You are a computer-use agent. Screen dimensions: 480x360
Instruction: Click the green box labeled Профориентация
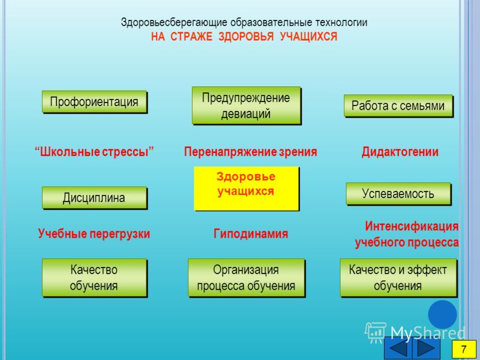click(95, 101)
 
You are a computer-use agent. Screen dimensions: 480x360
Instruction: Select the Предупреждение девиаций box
click(247, 106)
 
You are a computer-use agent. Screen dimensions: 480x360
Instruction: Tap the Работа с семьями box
click(398, 106)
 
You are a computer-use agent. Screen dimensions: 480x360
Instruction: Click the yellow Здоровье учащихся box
click(247, 188)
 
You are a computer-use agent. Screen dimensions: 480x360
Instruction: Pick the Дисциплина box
click(95, 198)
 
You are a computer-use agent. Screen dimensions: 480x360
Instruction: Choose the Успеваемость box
click(398, 194)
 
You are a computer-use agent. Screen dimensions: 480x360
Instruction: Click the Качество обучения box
click(95, 278)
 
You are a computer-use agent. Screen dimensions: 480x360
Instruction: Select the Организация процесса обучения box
click(247, 278)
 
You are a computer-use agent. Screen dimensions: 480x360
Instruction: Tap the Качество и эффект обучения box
click(398, 278)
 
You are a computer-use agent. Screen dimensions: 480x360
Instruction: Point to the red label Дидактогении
click(400, 152)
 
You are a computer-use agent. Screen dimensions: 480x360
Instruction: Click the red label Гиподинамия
click(251, 234)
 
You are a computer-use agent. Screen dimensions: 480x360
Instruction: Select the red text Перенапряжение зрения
click(250, 152)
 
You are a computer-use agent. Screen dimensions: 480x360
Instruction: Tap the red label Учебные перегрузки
click(94, 234)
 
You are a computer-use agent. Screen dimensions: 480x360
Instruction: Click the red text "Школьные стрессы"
click(94, 152)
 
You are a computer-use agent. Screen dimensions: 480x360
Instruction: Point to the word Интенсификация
click(412, 226)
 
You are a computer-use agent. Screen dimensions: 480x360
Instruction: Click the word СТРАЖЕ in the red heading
click(191, 37)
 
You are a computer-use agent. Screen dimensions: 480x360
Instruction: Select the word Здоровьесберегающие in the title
click(174, 23)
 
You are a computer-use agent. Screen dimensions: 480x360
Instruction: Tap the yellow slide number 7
click(464, 349)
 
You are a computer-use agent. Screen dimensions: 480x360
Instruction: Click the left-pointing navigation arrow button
click(398, 349)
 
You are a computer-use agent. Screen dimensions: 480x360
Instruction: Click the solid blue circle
click(442, 314)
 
